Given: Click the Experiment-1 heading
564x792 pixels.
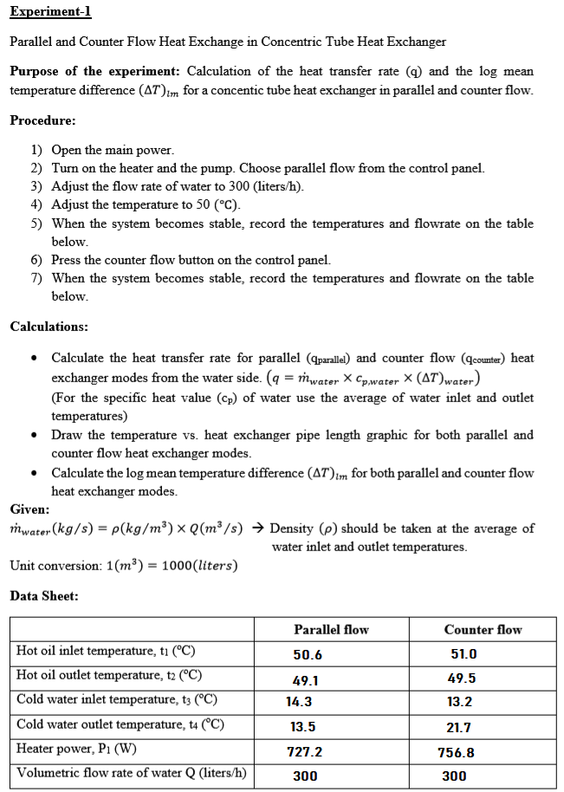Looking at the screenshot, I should [x=50, y=12].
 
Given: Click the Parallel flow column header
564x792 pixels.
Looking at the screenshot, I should [x=331, y=630].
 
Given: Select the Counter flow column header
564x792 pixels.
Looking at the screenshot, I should [x=483, y=630].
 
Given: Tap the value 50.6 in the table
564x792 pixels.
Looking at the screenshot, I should [x=308, y=655].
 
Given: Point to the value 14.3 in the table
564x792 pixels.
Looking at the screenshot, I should [x=301, y=703].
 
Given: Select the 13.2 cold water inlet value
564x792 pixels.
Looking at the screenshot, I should [x=459, y=703].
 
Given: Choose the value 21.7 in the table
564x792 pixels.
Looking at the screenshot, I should [x=459, y=728].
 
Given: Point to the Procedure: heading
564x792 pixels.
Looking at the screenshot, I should [x=42, y=120].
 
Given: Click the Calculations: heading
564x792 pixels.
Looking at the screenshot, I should [x=49, y=327].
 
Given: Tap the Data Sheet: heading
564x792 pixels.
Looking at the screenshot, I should [x=44, y=595].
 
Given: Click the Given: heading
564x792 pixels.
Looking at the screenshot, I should [x=29, y=510].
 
